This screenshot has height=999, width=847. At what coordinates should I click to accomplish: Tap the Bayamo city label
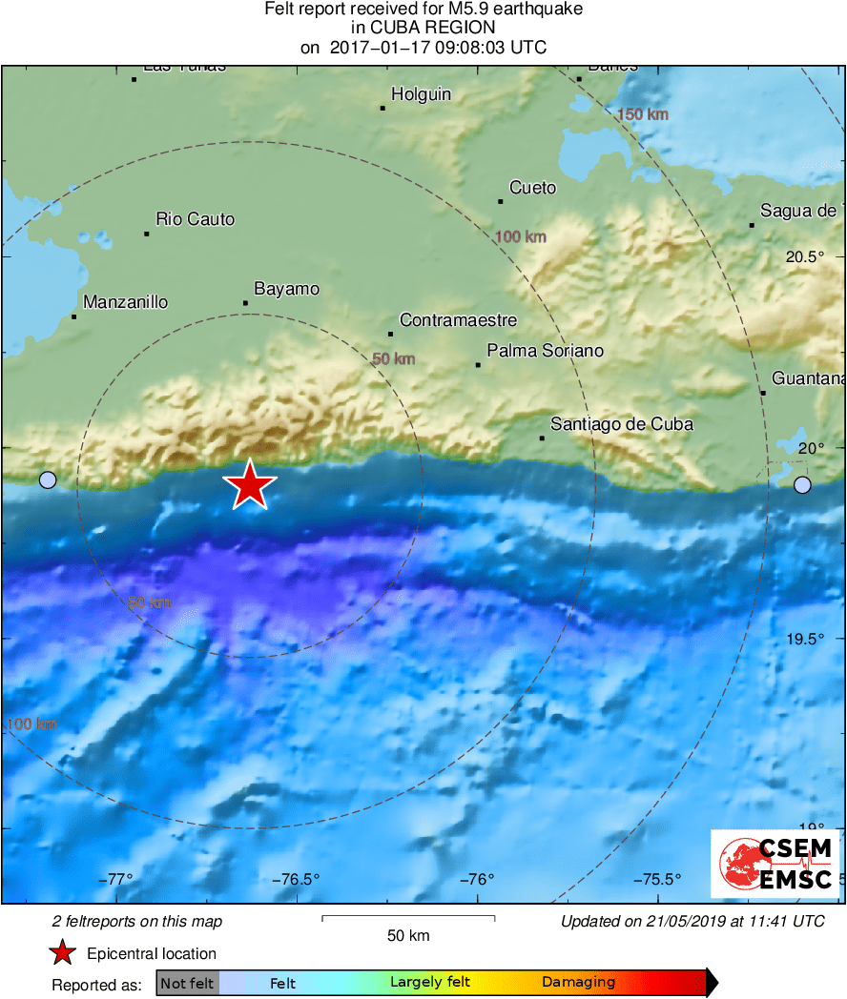(286, 289)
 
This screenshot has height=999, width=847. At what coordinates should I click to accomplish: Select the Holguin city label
(421, 94)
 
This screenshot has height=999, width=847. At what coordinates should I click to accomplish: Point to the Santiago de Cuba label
(622, 424)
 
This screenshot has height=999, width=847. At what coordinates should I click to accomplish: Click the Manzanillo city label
(125, 302)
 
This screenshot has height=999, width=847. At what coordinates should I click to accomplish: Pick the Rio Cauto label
(195, 219)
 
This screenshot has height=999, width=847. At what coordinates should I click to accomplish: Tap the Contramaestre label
(458, 320)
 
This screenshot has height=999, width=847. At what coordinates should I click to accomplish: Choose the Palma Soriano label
(545, 351)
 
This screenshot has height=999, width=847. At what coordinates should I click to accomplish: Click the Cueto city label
(532, 188)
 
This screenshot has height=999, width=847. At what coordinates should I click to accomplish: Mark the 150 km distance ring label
(643, 114)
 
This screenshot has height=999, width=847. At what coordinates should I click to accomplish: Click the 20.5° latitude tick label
(804, 257)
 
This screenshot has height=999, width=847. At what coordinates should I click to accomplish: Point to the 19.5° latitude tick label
(804, 639)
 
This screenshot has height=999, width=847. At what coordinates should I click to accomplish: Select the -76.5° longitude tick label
(296, 879)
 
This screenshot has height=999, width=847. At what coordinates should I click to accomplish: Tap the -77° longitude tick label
(119, 879)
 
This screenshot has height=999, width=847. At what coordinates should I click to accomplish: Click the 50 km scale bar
(408, 919)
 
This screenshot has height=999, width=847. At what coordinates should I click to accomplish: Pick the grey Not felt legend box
(187, 983)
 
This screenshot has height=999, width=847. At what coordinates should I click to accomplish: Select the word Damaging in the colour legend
(578, 983)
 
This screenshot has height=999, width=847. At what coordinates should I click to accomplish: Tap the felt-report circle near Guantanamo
(802, 485)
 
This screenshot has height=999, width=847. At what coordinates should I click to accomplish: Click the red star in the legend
(63, 953)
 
